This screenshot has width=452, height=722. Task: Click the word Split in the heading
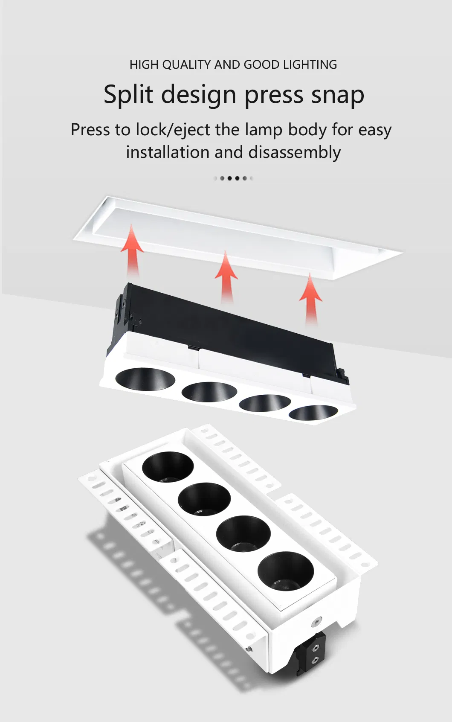(x=128, y=94)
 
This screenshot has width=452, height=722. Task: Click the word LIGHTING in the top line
(x=310, y=64)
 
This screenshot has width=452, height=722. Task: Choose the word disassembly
(x=295, y=152)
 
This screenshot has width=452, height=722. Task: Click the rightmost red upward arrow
(x=310, y=299)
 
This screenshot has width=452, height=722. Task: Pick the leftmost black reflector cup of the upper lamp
(x=145, y=378)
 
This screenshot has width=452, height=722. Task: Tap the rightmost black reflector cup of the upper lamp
(x=313, y=413)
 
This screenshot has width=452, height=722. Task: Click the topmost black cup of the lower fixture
(x=168, y=467)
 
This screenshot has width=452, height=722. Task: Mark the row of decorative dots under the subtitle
(x=233, y=178)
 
